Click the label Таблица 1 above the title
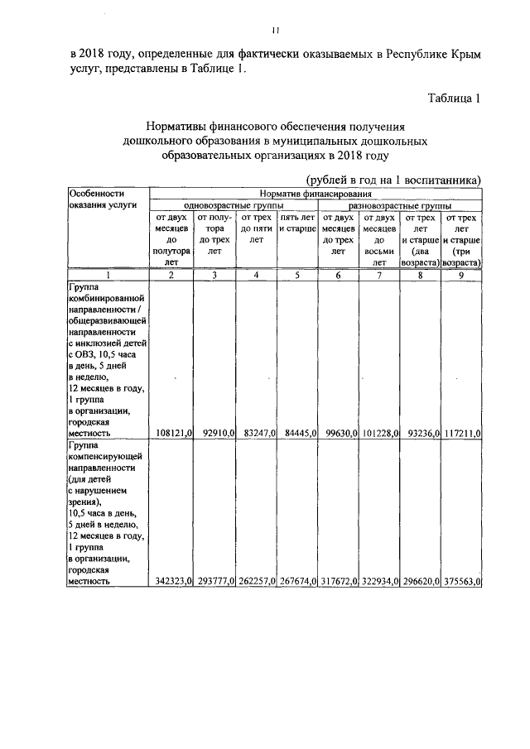point(455,99)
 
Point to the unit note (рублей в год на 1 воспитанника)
point(393,180)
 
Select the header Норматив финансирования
point(316,193)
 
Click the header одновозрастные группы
point(233,204)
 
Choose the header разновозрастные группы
point(400,204)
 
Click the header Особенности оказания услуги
point(107,199)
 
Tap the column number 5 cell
point(298,275)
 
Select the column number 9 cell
point(462,275)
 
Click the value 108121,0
point(174,433)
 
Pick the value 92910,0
point(216,433)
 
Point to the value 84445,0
point(298,433)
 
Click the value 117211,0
point(462,433)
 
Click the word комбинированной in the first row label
point(108,295)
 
